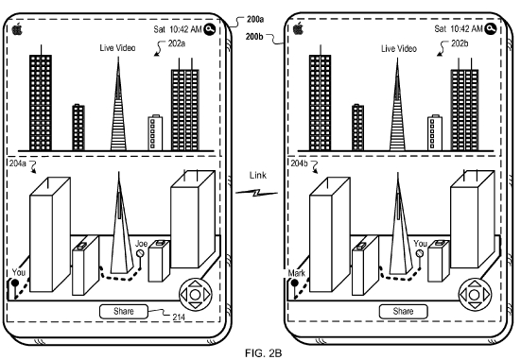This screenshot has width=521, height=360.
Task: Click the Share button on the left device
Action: (124, 312)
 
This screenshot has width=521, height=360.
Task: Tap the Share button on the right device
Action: (404, 312)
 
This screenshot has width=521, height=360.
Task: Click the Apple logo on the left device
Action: (17, 29)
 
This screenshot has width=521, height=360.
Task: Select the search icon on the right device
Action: (491, 29)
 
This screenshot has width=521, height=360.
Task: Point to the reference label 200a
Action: (255, 20)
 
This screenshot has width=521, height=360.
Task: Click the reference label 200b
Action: (254, 36)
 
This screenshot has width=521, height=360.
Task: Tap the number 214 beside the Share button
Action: (179, 317)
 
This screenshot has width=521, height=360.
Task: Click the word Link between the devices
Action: (258, 175)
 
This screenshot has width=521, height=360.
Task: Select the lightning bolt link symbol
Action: (256, 193)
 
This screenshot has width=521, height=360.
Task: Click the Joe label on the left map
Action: (141, 244)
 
